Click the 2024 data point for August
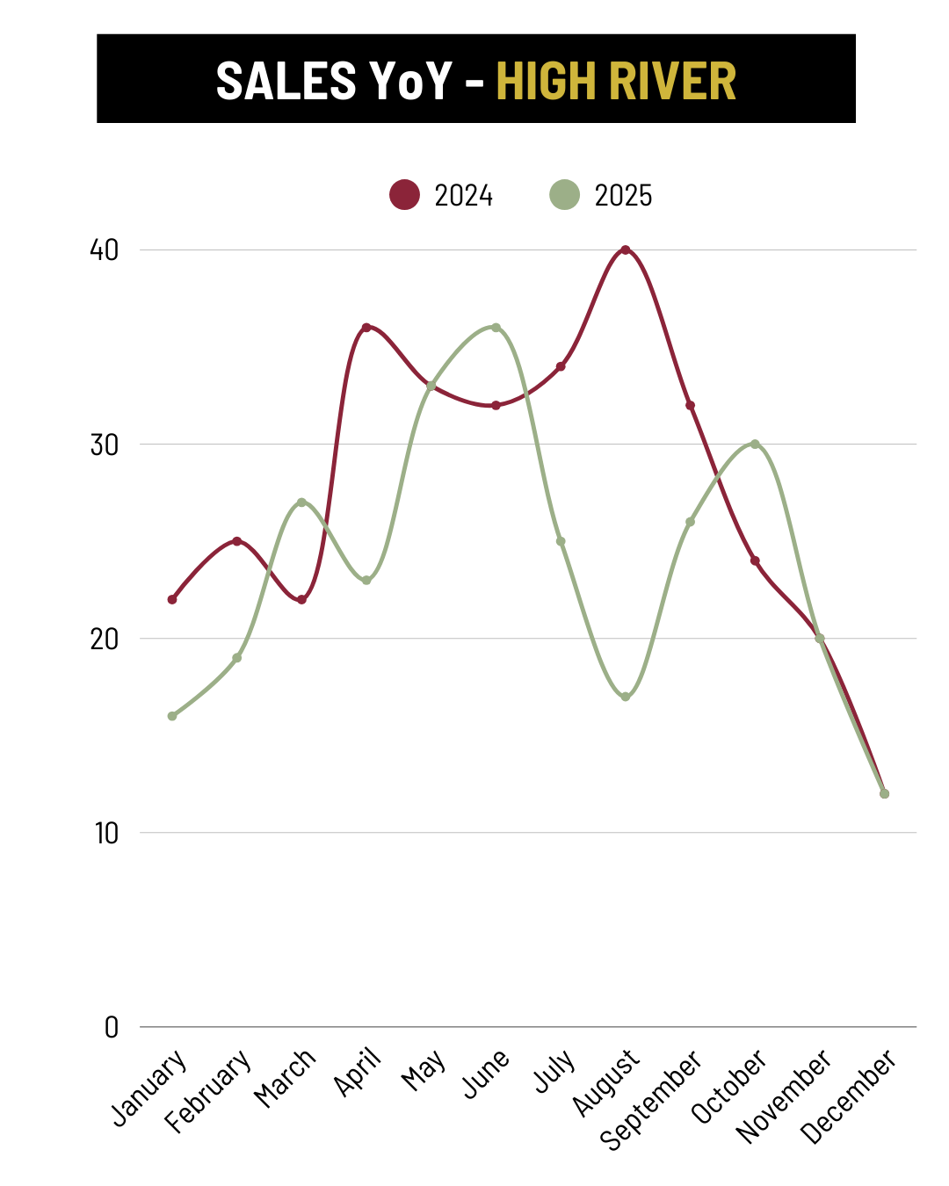tap(626, 250)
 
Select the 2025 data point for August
tap(626, 697)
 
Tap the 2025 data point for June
tap(496, 328)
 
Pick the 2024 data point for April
tap(366, 328)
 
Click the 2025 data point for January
tap(172, 716)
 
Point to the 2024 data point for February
tap(237, 541)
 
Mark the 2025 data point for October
tap(755, 445)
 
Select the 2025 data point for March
tap(301, 503)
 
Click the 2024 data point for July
tap(561, 366)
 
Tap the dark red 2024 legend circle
tap(404, 195)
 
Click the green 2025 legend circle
tap(564, 195)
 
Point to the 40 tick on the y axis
tap(104, 250)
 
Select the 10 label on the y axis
tap(105, 833)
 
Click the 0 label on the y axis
tap(111, 1027)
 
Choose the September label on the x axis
tap(651, 1099)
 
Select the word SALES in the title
tap(286, 81)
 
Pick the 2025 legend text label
tap(623, 195)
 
